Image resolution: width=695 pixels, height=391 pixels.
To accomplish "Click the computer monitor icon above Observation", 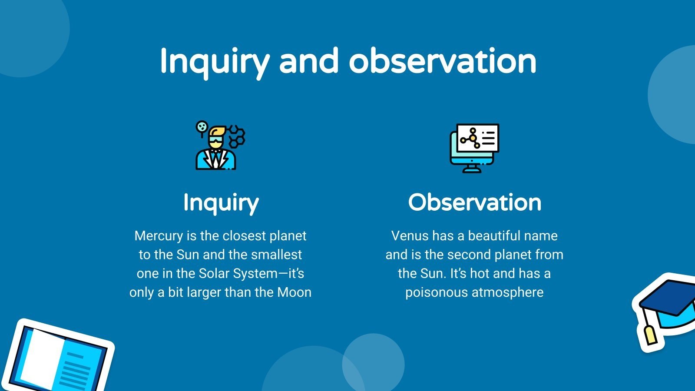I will click(x=474, y=148).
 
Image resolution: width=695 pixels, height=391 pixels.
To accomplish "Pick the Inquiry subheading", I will click(x=221, y=202).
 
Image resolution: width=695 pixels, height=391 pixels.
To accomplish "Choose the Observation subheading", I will click(x=474, y=202).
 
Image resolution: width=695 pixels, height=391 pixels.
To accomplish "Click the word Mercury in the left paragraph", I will click(x=159, y=236).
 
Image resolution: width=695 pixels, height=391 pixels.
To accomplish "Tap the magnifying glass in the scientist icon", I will click(x=202, y=127).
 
